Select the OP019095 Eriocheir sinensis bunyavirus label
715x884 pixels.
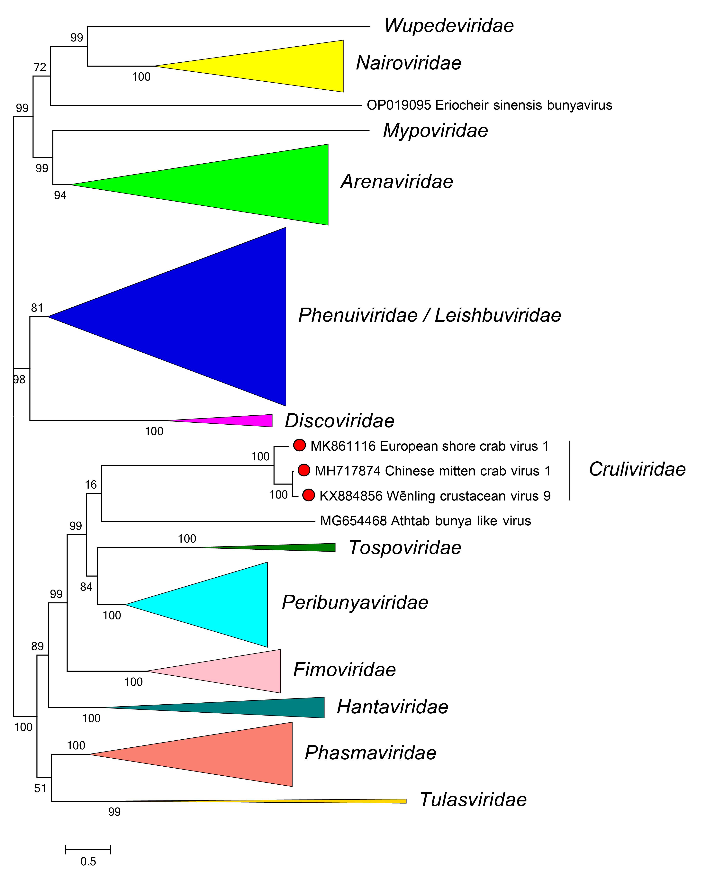489,105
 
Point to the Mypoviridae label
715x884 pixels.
435,131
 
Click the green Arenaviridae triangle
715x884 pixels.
268,185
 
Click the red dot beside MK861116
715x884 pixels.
299,445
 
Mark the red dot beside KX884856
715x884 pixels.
309,495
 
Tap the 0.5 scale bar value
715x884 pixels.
88,861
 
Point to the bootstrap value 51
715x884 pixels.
40,788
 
